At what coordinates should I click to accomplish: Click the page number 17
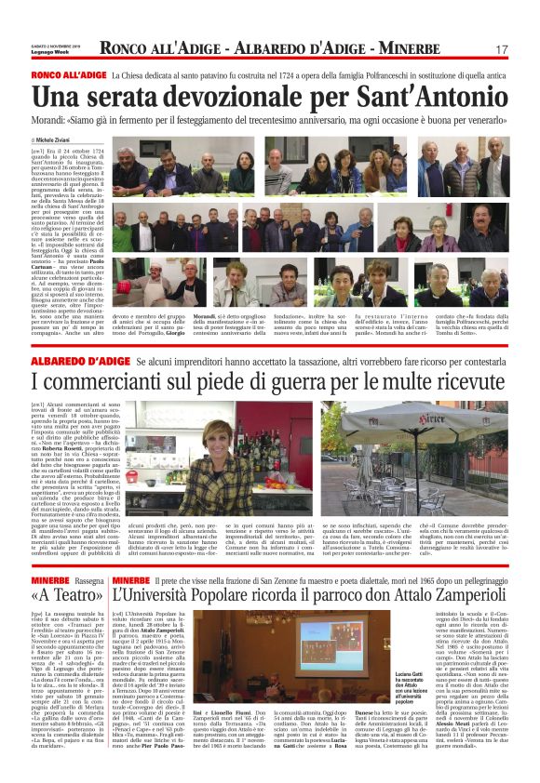click(x=502, y=48)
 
